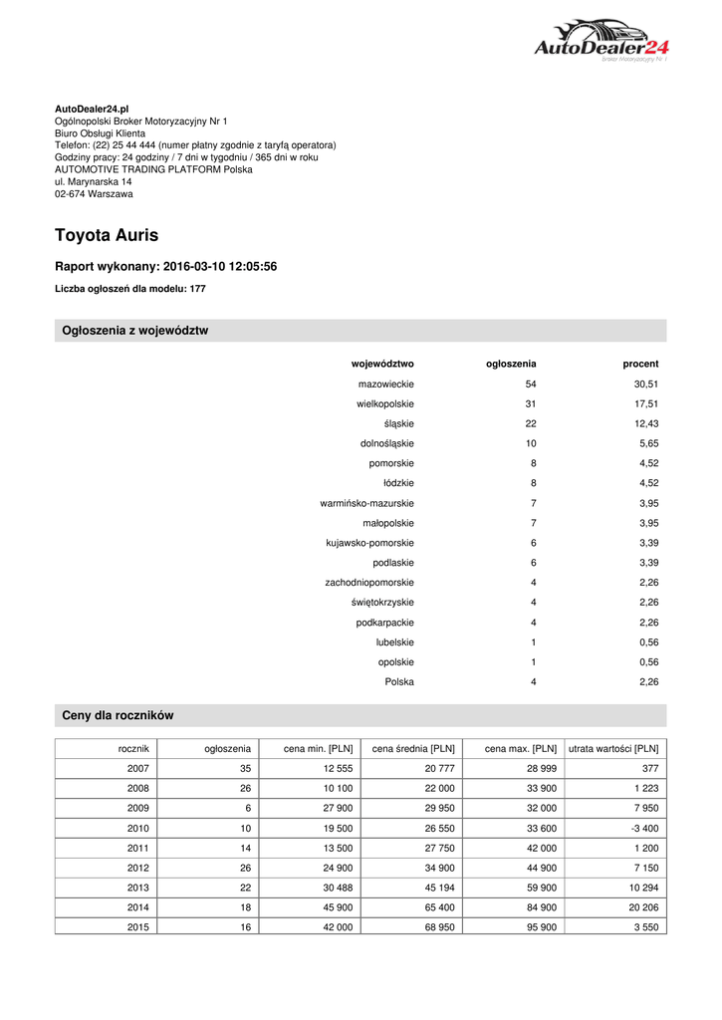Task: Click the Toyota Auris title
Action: (x=107, y=236)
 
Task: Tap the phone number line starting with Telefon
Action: (x=195, y=144)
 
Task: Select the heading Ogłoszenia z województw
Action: (x=135, y=331)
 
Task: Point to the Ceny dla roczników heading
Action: (x=119, y=715)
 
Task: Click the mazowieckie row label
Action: (x=386, y=383)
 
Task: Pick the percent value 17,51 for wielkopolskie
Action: (x=646, y=403)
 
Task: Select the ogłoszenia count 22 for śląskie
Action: (x=531, y=423)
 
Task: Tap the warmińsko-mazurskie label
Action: (x=367, y=503)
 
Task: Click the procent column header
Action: (x=640, y=364)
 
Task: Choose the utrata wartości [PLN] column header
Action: (x=612, y=748)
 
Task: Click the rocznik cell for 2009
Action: (x=138, y=808)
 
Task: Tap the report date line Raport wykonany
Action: (x=165, y=267)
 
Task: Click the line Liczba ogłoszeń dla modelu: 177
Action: (x=129, y=289)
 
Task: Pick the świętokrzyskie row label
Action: (x=382, y=603)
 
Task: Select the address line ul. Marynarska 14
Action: (x=94, y=182)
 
